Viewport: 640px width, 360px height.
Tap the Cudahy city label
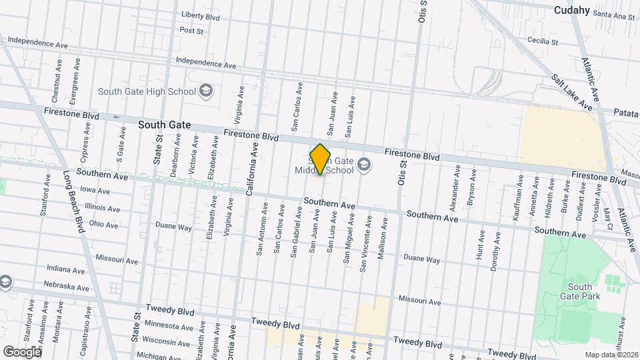click(572, 10)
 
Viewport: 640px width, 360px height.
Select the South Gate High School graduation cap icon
click(207, 91)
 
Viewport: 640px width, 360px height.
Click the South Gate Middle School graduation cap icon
click(364, 164)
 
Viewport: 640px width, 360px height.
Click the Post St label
click(191, 30)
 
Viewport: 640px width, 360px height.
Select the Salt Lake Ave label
click(572, 91)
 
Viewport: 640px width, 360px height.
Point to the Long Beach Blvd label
click(74, 201)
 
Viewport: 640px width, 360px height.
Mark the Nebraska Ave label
click(69, 287)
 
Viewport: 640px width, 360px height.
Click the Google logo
click(21, 351)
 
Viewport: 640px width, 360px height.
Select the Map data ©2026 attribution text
click(611, 354)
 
